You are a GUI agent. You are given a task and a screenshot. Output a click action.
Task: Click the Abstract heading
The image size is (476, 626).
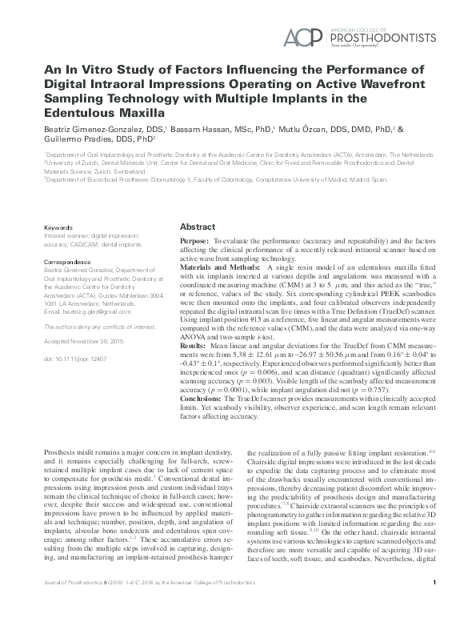click(198, 227)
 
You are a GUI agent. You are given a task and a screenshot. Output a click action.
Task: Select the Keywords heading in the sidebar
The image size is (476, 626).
click(58, 228)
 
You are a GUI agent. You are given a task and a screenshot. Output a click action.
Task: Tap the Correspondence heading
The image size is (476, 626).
click(67, 263)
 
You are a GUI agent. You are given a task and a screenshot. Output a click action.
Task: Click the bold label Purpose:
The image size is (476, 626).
click(195, 240)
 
